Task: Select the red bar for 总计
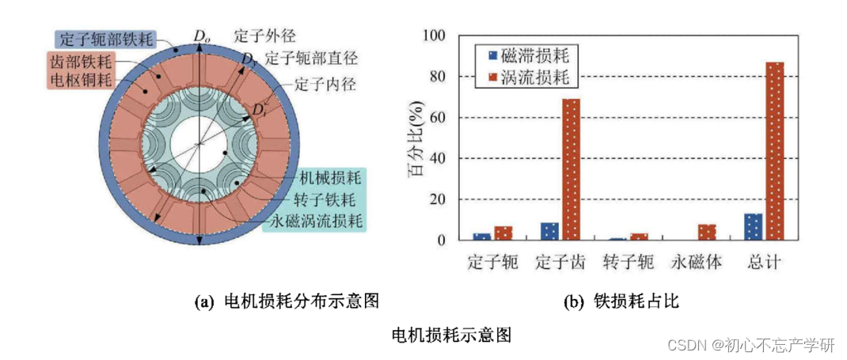775,150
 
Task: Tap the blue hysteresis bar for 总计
754,226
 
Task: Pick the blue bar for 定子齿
550,231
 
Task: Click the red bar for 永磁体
707,232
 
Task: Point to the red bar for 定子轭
503,233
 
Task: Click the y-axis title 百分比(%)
417,139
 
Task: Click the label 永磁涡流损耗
315,220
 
